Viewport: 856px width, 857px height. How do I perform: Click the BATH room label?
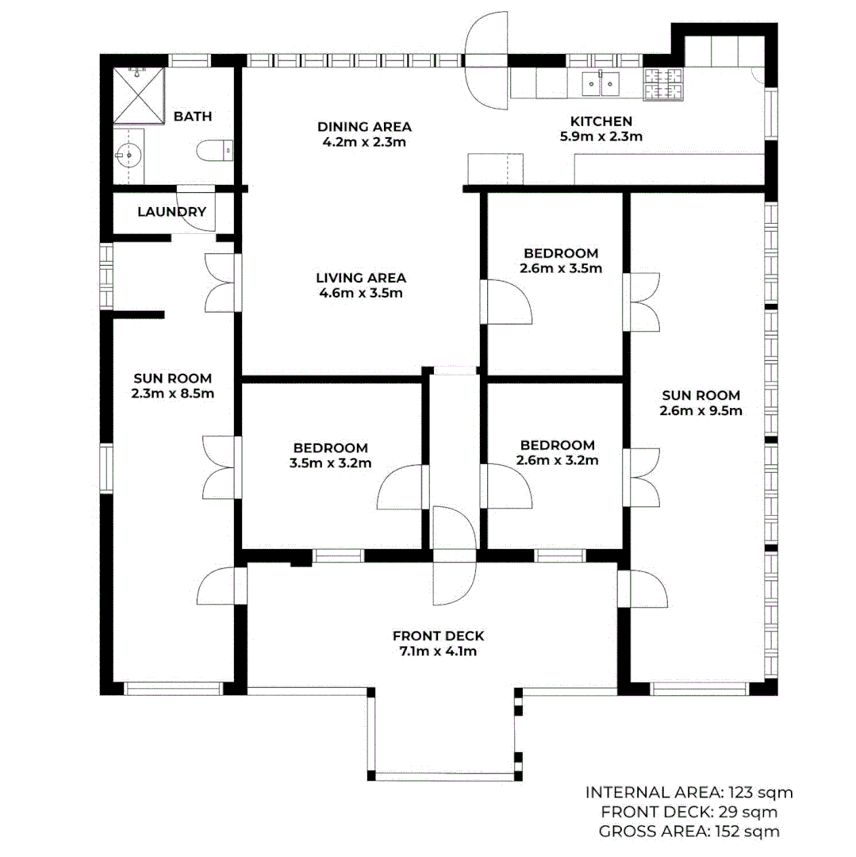[x=193, y=117]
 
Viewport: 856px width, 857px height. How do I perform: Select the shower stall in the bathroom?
[x=137, y=96]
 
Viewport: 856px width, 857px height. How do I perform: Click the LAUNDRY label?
[x=171, y=212]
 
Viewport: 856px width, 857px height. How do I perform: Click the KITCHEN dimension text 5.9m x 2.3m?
[x=601, y=136]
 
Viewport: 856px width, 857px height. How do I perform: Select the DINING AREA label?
[x=364, y=127]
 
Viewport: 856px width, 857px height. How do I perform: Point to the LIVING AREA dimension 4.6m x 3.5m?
[x=361, y=293]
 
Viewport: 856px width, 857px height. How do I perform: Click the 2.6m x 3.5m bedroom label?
[x=560, y=268]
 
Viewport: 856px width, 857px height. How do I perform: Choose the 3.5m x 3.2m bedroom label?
[x=330, y=463]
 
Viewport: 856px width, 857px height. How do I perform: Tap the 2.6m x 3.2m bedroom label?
[x=557, y=459]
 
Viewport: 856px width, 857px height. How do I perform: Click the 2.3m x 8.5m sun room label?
[x=172, y=393]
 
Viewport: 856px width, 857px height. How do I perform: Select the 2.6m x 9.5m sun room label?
[x=700, y=410]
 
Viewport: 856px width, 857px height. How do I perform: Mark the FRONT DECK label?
[x=438, y=636]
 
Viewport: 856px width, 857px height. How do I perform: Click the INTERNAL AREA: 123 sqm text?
[x=689, y=792]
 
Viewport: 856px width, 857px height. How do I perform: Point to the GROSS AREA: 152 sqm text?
[x=689, y=831]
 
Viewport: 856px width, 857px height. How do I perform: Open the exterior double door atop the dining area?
[x=486, y=62]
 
